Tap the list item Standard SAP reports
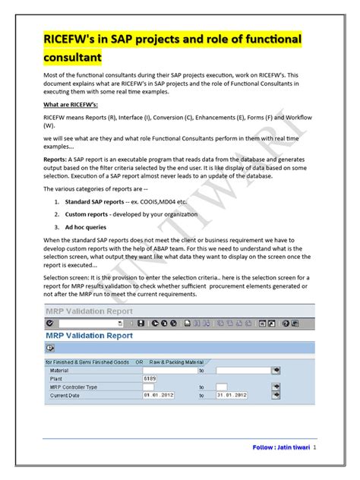[x=98, y=203]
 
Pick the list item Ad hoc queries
[x=85, y=227]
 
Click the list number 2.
[x=57, y=215]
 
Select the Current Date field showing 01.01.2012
[x=163, y=396]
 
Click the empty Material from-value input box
[x=163, y=371]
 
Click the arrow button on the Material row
[x=276, y=371]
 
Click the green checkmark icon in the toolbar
[x=49, y=323]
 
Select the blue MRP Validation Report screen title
[x=89, y=335]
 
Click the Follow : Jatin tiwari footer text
[x=281, y=447]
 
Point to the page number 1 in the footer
[x=314, y=447]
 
